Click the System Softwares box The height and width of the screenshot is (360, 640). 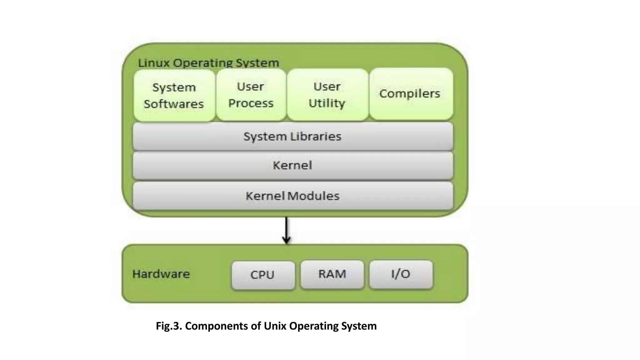click(174, 95)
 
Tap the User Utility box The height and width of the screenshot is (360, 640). click(327, 94)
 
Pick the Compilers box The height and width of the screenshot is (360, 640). click(411, 94)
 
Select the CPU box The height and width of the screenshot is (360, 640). click(263, 275)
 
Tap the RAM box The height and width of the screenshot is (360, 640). click(332, 274)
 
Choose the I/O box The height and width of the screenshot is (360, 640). click(401, 274)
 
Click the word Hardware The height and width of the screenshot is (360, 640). click(161, 274)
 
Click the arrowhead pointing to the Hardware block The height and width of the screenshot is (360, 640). click(286, 241)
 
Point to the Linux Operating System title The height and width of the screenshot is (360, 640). click(208, 63)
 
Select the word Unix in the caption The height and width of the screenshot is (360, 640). click(275, 326)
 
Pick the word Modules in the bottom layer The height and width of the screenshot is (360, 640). click(313, 196)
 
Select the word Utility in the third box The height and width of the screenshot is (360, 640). click(327, 103)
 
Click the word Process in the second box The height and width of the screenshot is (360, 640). click(251, 103)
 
